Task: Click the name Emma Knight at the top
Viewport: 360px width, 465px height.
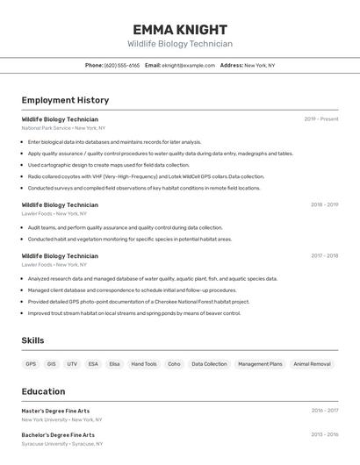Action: tap(180, 30)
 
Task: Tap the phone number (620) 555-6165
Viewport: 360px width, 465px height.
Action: tap(122, 66)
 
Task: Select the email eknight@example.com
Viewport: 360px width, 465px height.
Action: tap(188, 66)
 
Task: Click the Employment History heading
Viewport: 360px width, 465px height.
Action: tap(65, 101)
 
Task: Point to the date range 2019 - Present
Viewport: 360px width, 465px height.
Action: tap(321, 119)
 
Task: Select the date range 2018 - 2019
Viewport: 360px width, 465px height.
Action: tap(324, 205)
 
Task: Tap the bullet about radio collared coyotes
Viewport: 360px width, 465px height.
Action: tap(146, 176)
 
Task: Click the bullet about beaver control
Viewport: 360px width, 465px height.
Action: tap(133, 313)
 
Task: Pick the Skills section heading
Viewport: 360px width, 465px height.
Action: tap(32, 340)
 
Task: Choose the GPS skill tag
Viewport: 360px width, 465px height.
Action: tap(31, 364)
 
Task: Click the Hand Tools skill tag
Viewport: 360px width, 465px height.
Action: tap(144, 364)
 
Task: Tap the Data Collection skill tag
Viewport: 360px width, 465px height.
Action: tap(209, 364)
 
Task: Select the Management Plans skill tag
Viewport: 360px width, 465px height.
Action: tap(260, 364)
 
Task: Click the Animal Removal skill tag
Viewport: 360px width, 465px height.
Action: tap(312, 364)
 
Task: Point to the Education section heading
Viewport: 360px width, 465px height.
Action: tap(43, 391)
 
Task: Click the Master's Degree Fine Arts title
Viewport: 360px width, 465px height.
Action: tap(55, 411)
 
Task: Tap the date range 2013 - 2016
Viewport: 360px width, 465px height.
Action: tap(324, 435)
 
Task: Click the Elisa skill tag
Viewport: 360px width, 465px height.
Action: tap(114, 364)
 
